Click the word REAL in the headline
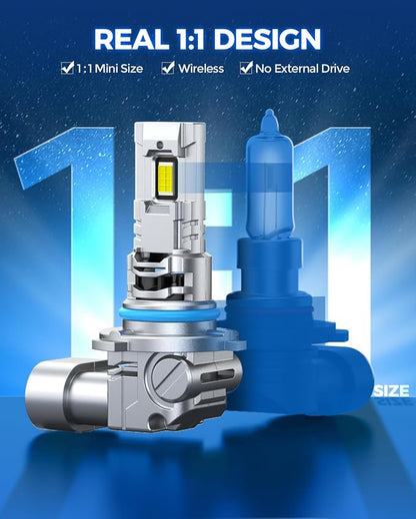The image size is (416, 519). click(131, 39)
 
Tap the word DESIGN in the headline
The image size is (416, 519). click(267, 39)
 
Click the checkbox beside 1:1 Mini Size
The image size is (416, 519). click(67, 68)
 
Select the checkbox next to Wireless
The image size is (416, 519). click(168, 68)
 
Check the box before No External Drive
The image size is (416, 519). click(246, 68)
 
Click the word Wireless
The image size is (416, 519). click(201, 69)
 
